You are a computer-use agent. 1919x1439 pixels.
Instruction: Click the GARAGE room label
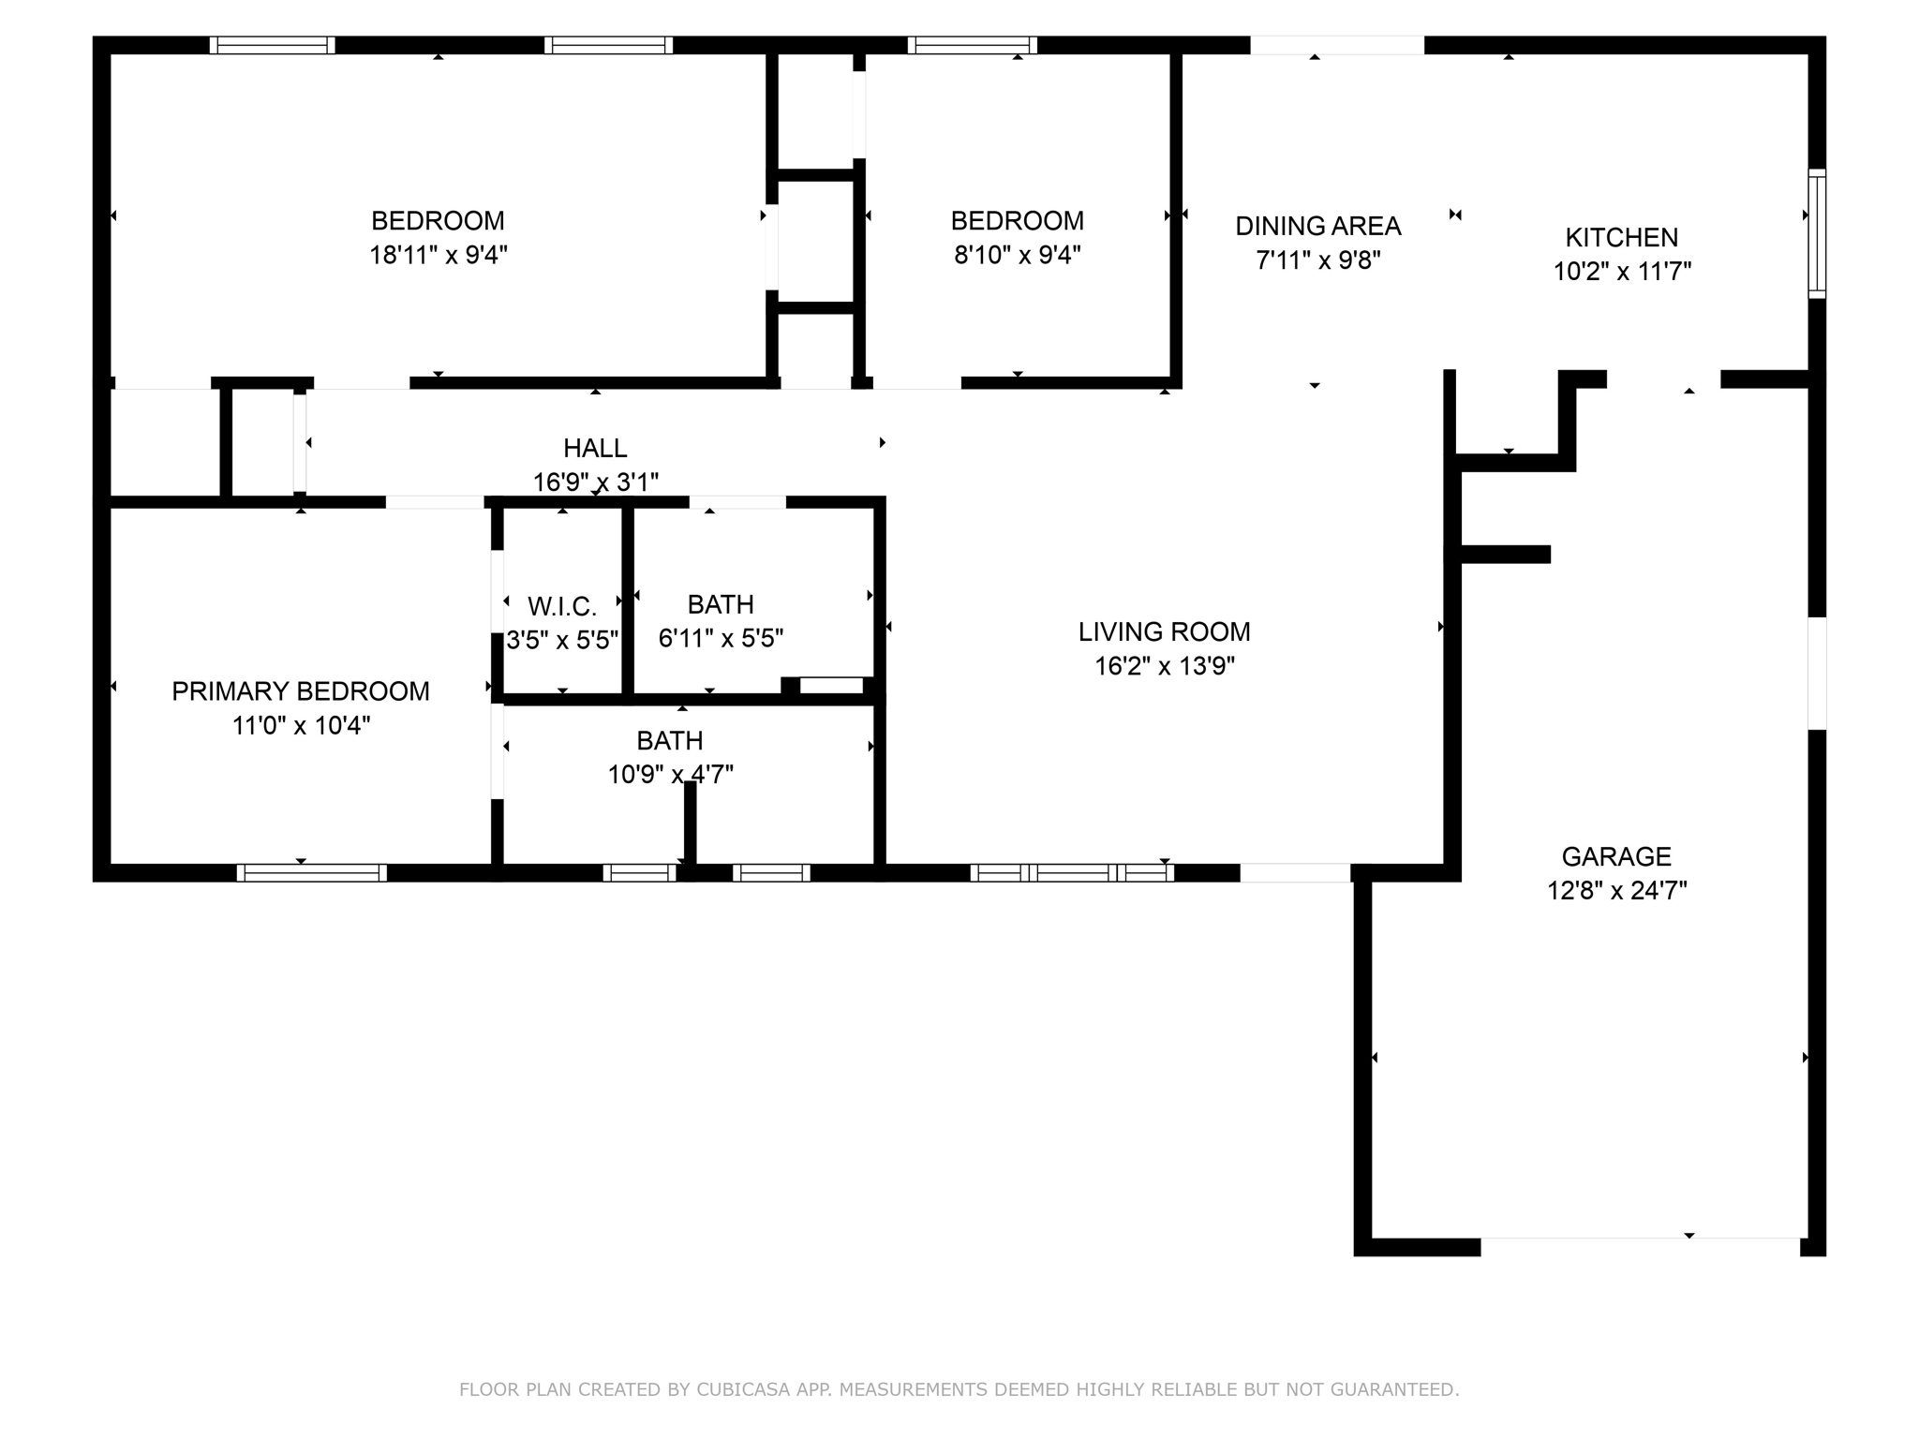pyautogui.click(x=1616, y=856)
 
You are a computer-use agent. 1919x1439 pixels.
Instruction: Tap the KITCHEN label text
pyautogui.click(x=1622, y=237)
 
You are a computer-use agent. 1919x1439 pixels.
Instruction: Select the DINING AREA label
pyautogui.click(x=1318, y=226)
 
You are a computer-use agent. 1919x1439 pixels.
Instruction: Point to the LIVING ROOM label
pyautogui.click(x=1165, y=631)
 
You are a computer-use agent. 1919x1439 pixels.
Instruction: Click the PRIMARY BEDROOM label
pyautogui.click(x=301, y=691)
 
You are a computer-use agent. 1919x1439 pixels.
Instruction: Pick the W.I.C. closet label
pyautogui.click(x=562, y=607)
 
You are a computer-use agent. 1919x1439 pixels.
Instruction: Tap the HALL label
pyautogui.click(x=595, y=448)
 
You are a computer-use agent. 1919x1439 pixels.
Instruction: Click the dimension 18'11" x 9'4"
pyautogui.click(x=439, y=255)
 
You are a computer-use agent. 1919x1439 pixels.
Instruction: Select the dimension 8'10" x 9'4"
pyautogui.click(x=1018, y=255)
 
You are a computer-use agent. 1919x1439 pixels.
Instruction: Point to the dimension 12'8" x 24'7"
pyautogui.click(x=1617, y=890)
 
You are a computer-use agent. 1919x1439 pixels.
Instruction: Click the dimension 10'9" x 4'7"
pyautogui.click(x=670, y=774)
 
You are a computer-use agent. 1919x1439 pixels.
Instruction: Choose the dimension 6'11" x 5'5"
pyautogui.click(x=721, y=638)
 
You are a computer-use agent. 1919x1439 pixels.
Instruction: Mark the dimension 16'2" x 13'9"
pyautogui.click(x=1165, y=666)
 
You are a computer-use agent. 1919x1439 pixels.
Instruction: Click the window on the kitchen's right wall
pyautogui.click(x=1817, y=234)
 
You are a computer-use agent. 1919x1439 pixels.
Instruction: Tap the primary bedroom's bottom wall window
pyautogui.click(x=312, y=873)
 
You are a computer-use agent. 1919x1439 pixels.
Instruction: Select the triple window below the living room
pyautogui.click(x=1072, y=873)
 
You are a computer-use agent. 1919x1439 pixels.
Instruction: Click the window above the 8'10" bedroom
pyautogui.click(x=973, y=45)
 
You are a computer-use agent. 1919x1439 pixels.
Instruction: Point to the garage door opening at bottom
pyautogui.click(x=1640, y=1246)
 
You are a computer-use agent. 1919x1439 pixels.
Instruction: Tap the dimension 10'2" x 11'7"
pyautogui.click(x=1622, y=272)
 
